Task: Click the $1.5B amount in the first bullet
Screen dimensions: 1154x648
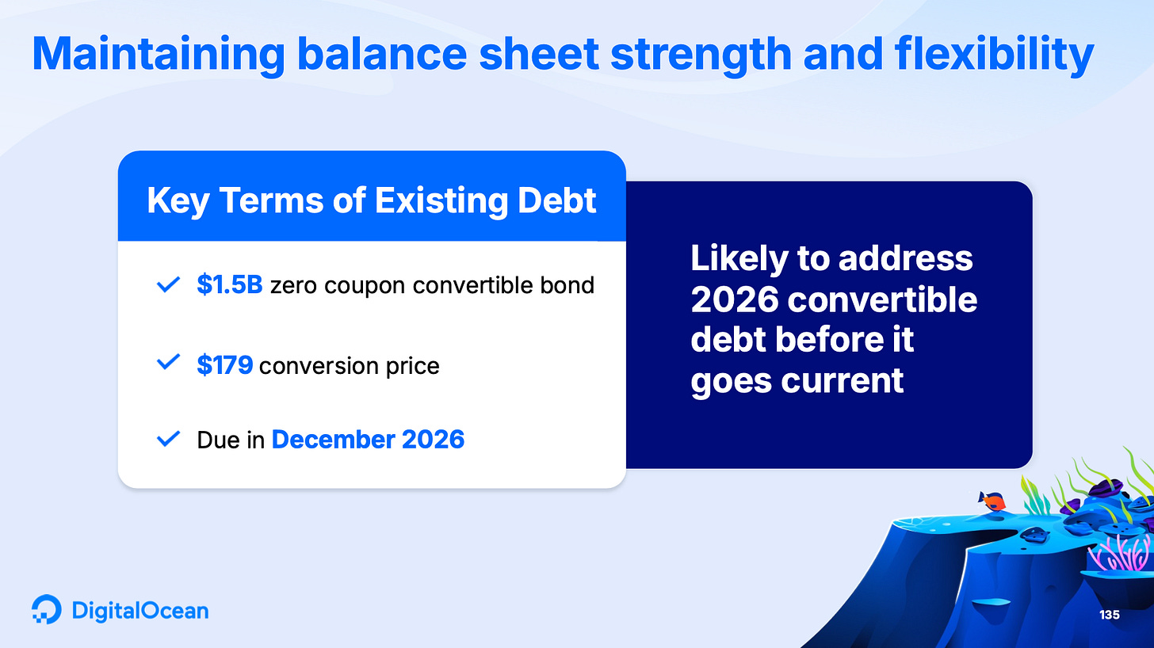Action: (x=229, y=284)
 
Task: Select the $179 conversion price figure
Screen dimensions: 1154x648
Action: (x=224, y=364)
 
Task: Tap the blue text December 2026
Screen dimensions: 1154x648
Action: (x=368, y=440)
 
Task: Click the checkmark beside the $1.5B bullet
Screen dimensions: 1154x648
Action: (x=168, y=284)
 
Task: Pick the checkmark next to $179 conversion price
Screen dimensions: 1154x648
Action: (x=168, y=361)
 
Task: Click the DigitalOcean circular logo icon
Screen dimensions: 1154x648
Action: (x=46, y=609)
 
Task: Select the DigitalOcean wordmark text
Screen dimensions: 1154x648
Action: (x=140, y=611)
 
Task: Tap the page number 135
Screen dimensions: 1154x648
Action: (x=1109, y=615)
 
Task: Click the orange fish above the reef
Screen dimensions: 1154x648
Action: (x=992, y=501)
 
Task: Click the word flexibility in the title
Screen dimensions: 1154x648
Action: (x=995, y=55)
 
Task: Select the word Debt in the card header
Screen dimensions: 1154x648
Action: (x=557, y=200)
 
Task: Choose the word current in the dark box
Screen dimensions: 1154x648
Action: (x=843, y=381)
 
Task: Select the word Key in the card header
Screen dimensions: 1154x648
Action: (x=178, y=201)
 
